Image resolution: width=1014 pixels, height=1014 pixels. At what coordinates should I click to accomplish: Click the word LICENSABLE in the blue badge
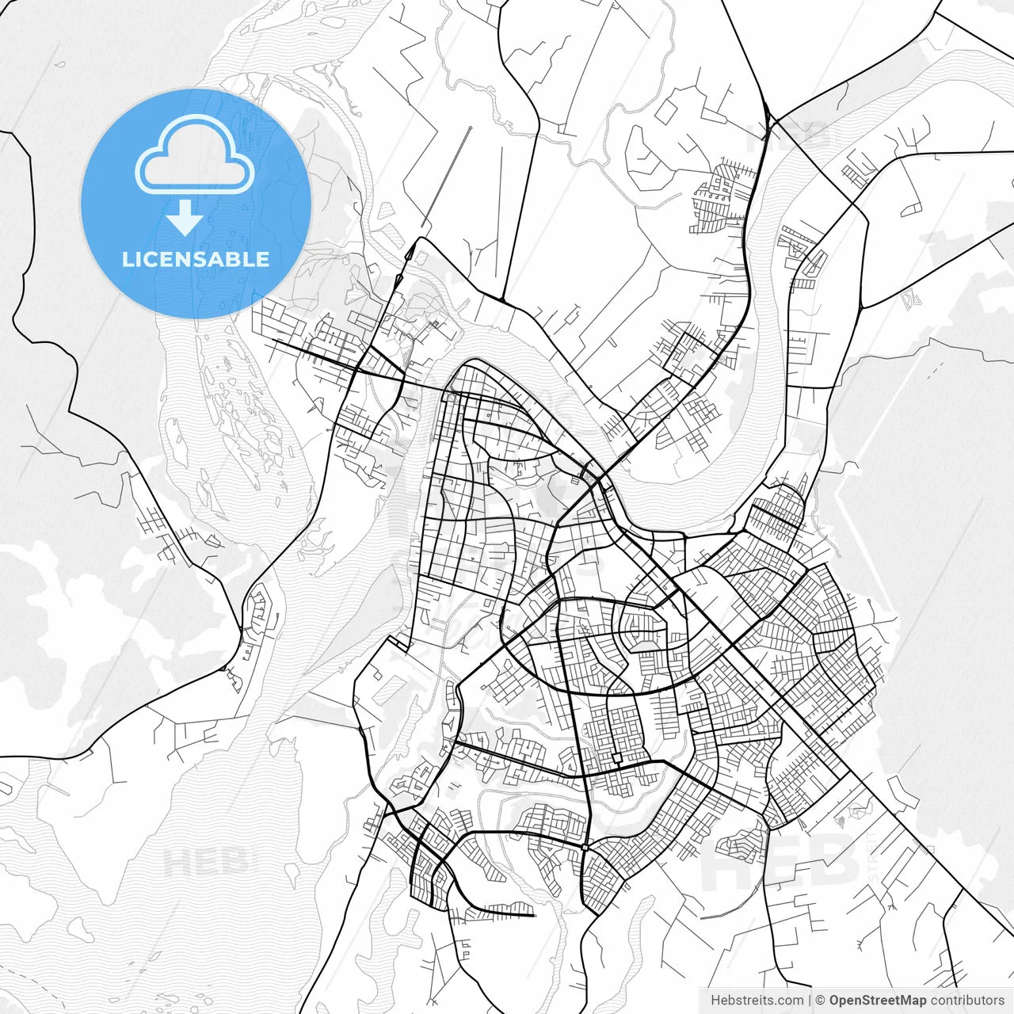(x=196, y=259)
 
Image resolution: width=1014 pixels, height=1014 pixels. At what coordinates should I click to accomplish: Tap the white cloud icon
(x=195, y=155)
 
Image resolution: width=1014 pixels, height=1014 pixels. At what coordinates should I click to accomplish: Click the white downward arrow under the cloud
(x=185, y=218)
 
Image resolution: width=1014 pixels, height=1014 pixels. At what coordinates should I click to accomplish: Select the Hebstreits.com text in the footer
(x=757, y=1001)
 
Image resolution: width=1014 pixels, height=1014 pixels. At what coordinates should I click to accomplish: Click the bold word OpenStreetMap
(x=877, y=1001)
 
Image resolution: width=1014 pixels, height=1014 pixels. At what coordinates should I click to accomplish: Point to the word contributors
(x=966, y=1001)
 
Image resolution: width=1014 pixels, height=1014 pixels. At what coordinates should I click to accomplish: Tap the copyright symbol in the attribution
(x=821, y=1001)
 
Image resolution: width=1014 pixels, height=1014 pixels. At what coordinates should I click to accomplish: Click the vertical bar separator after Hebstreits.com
(x=810, y=1001)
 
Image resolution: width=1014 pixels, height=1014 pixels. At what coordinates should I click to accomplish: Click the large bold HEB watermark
(x=780, y=861)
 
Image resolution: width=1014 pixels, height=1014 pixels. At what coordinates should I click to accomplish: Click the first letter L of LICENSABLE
(x=127, y=259)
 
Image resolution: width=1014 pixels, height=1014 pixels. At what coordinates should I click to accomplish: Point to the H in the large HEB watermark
(x=725, y=861)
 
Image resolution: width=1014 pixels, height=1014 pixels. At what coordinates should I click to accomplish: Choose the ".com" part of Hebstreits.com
(x=789, y=1001)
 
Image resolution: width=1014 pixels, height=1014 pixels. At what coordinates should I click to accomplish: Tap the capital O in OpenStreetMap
(x=835, y=1001)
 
